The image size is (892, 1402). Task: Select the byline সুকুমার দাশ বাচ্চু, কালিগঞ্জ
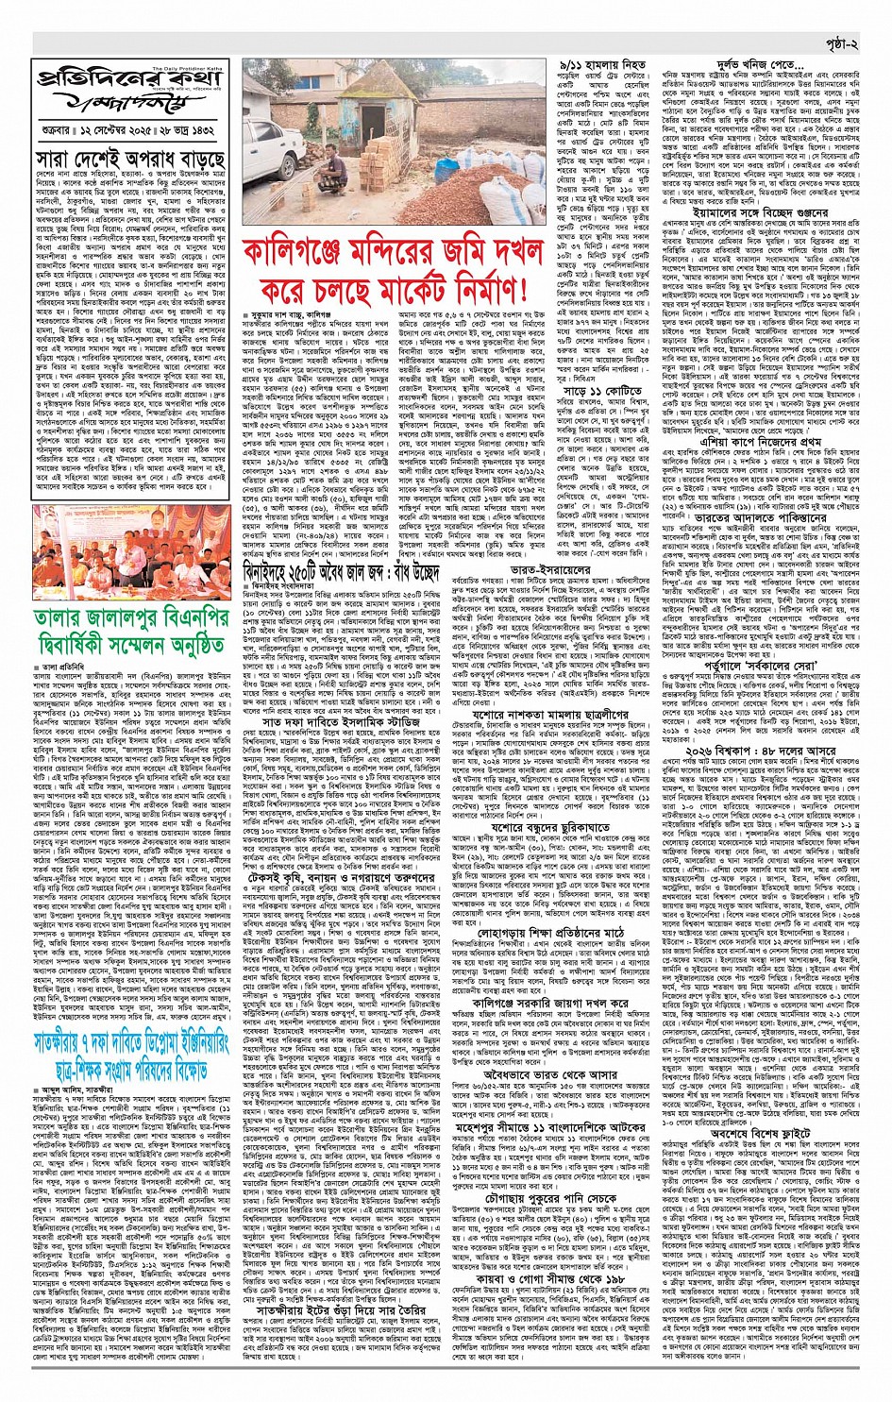(x=288, y=313)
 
